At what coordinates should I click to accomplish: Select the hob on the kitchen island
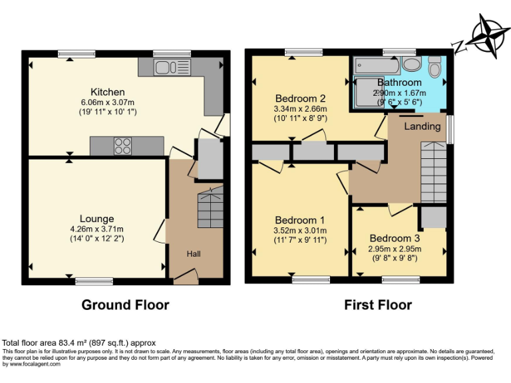click(123, 145)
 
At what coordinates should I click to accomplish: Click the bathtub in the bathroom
click(377, 66)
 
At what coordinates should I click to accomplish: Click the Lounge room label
click(96, 219)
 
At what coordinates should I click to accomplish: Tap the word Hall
click(194, 253)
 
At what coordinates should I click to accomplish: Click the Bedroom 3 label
click(395, 239)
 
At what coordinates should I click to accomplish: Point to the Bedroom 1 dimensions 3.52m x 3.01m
click(299, 231)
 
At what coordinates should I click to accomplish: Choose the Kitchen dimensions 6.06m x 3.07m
click(108, 102)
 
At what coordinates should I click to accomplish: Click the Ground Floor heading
click(125, 305)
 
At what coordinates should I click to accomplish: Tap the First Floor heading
click(377, 305)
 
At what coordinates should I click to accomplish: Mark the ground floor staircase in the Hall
click(210, 208)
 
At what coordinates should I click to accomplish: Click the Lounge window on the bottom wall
click(94, 281)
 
